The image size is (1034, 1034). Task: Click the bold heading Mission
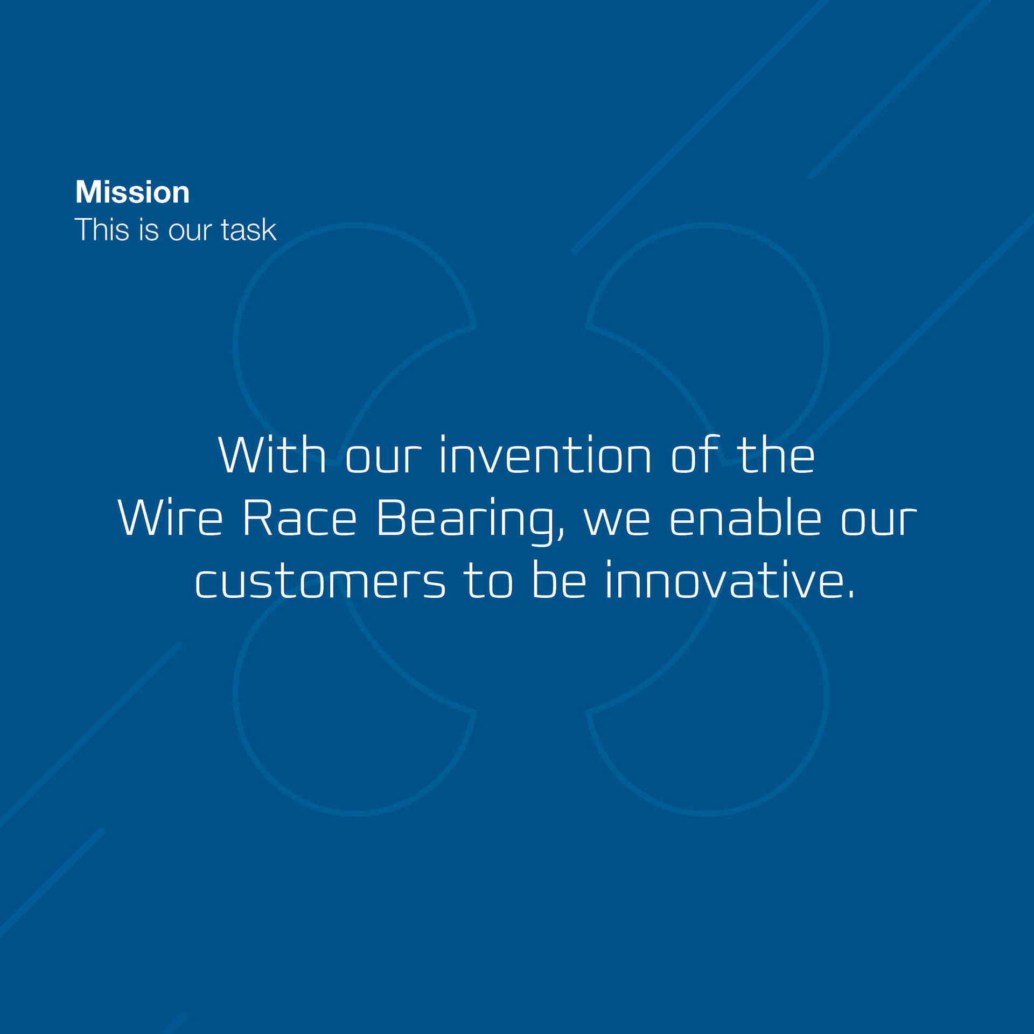pos(132,192)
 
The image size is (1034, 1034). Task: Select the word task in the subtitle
pos(248,229)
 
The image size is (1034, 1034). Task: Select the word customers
pos(320,581)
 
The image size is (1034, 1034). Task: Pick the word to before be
pos(488,581)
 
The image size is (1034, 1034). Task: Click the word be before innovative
pos(559,579)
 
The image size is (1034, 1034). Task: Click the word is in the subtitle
pos(149,229)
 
